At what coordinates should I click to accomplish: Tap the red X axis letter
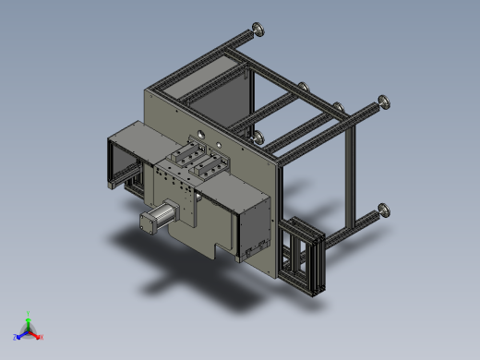42,338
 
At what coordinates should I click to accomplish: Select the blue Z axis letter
16,337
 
